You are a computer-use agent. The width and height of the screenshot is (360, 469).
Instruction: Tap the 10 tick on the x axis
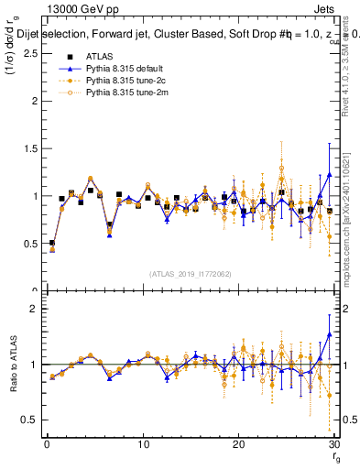pos(143,443)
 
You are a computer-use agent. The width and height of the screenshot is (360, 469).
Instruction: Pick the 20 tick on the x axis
pos(239,443)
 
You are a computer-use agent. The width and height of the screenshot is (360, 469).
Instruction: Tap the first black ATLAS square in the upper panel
pos(52,243)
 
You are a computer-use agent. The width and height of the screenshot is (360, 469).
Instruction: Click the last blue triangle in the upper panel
pos(330,174)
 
